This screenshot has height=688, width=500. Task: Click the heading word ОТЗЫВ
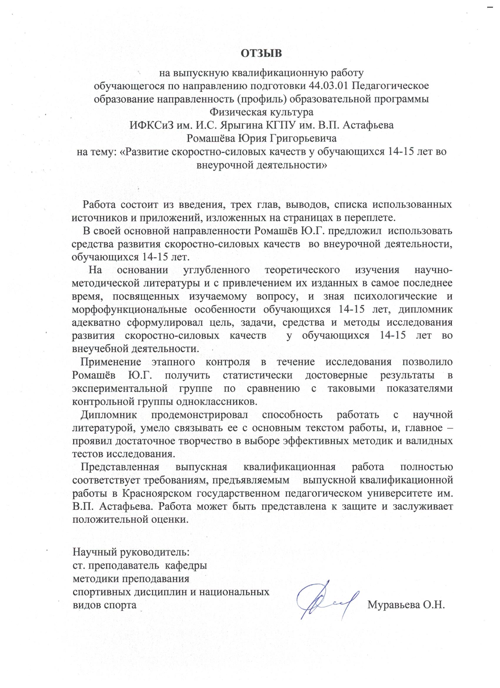[x=261, y=53]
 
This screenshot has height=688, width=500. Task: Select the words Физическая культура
[x=262, y=112]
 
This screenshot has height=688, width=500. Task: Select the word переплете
[x=369, y=218]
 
